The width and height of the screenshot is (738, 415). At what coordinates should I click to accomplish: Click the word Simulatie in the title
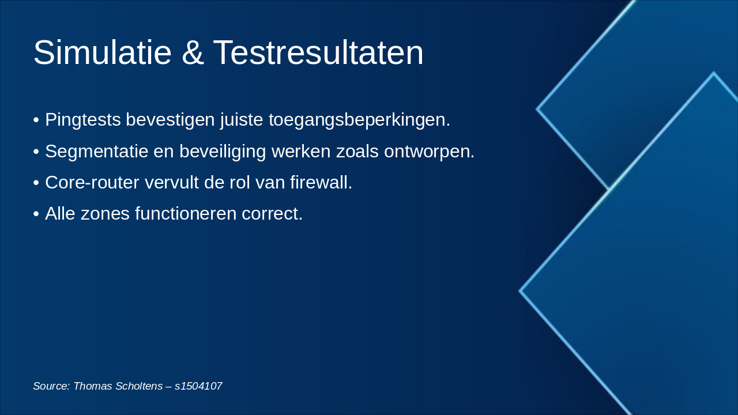[103, 52]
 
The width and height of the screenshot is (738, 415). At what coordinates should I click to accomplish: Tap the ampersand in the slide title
[193, 52]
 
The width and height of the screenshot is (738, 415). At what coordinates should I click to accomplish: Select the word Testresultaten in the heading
[318, 52]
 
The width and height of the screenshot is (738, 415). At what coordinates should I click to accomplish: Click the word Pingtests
[83, 120]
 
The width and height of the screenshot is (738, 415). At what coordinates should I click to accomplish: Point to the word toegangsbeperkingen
[359, 120]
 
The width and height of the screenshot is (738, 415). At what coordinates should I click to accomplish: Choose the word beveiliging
[223, 152]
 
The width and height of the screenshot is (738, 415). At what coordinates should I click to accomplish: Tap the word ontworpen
[429, 152]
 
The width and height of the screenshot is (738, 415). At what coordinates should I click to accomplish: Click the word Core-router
[92, 183]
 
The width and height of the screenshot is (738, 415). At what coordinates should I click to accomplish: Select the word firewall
[321, 182]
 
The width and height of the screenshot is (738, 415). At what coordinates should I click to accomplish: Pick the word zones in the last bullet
[105, 214]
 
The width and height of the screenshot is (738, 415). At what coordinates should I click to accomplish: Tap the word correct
[272, 214]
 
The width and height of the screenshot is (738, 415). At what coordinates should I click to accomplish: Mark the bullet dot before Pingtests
[36, 120]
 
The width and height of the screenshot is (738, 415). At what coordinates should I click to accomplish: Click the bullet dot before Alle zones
[36, 214]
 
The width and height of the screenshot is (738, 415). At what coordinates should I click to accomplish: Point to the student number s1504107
[198, 386]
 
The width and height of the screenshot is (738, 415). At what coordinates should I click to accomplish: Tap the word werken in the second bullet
[301, 152]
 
